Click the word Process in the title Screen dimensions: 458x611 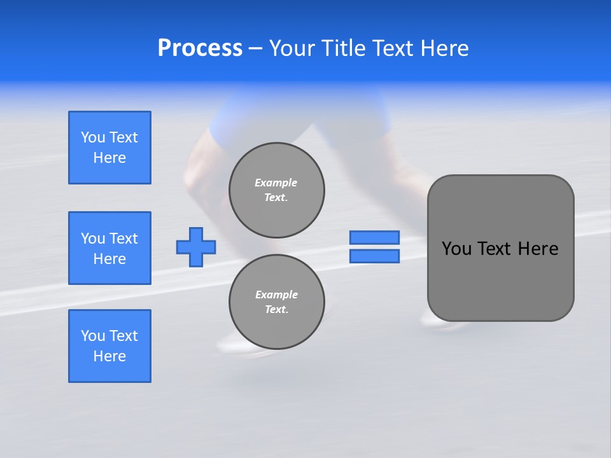(x=200, y=48)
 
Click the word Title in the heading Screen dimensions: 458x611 (x=341, y=48)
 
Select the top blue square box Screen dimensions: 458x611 (x=109, y=148)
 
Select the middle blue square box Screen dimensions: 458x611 (x=109, y=248)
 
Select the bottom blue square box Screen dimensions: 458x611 (x=109, y=346)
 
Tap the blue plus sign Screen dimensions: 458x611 (x=196, y=247)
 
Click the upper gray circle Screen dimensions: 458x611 (x=276, y=190)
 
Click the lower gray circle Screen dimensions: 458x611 (x=276, y=302)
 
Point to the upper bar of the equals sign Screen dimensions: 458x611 (x=374, y=237)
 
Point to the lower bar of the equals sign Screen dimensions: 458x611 (x=374, y=256)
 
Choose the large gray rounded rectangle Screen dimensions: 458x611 (x=500, y=280)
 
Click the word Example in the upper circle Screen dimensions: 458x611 (x=276, y=183)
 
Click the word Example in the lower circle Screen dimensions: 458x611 (x=276, y=295)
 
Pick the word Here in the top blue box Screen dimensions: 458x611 (x=109, y=158)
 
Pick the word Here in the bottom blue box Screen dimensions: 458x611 (x=109, y=356)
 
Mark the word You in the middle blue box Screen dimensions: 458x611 (x=93, y=239)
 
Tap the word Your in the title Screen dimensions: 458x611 (x=293, y=48)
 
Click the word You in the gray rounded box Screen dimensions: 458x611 (x=457, y=249)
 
